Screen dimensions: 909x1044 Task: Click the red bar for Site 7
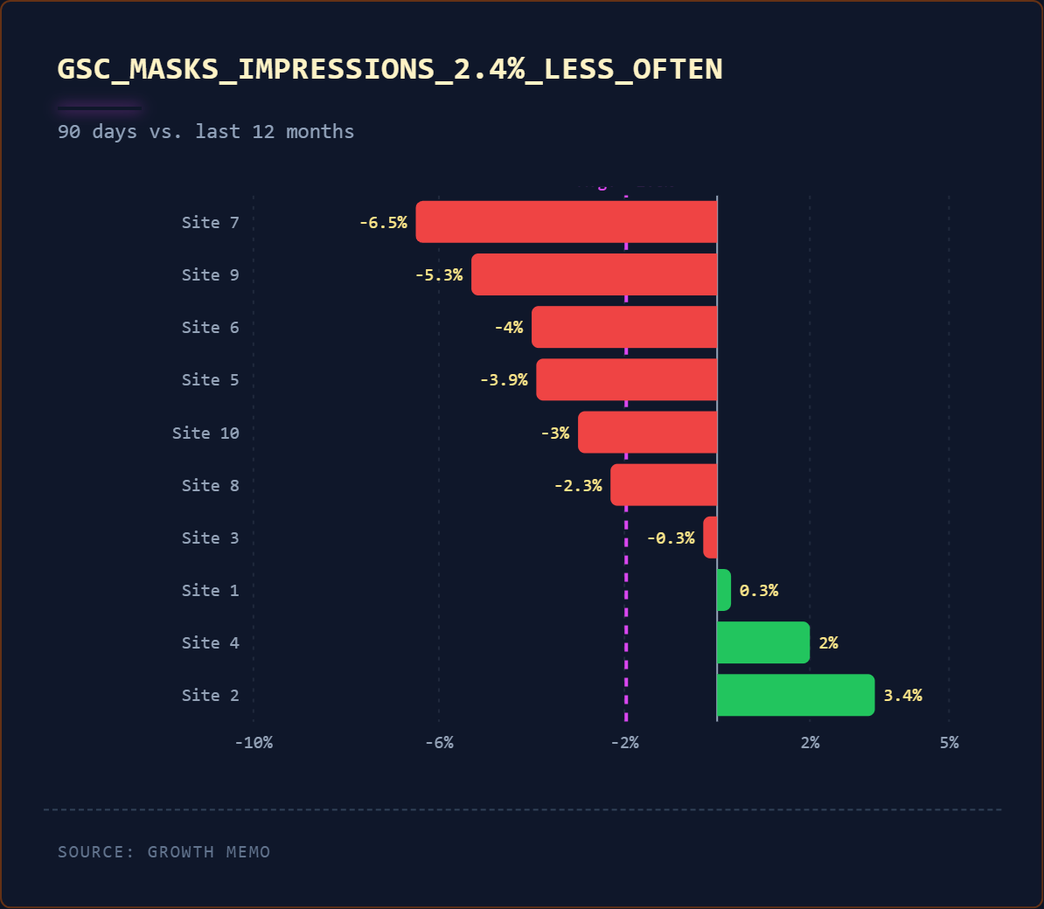coord(566,222)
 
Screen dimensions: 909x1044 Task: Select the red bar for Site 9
coord(594,274)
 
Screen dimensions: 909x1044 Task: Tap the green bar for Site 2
coord(795,695)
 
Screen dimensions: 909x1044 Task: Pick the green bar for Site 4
coord(762,642)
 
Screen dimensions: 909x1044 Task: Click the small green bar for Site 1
coord(723,590)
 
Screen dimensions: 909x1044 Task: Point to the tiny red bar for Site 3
coord(710,538)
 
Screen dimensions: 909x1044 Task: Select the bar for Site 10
coord(647,433)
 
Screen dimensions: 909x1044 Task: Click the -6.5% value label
coord(383,223)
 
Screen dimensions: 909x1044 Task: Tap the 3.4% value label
coord(902,696)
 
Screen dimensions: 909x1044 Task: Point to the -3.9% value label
coord(504,380)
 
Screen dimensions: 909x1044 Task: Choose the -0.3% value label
coord(671,538)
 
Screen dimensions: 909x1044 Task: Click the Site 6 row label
coord(210,328)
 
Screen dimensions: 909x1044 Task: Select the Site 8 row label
coord(210,486)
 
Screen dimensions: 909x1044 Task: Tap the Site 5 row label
coord(210,380)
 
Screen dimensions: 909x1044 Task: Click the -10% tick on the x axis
coord(254,743)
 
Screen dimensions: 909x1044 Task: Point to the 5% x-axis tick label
coord(949,743)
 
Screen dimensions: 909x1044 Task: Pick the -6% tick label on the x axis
coord(439,743)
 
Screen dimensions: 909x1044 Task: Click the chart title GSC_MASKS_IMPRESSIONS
coord(390,69)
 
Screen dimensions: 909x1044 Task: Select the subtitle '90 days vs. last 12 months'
coord(205,132)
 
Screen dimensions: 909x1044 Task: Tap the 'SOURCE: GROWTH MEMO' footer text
coord(164,852)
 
